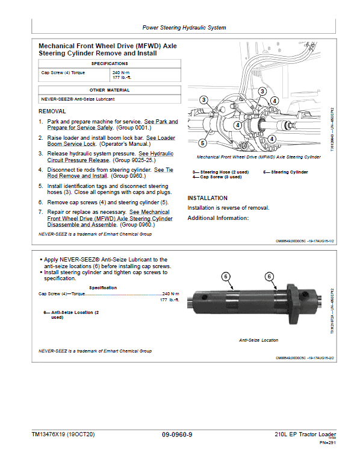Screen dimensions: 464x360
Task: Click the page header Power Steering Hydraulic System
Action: tap(184, 28)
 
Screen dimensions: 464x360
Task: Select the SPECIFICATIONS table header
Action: tap(109, 63)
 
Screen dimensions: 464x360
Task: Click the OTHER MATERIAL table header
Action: tap(109, 90)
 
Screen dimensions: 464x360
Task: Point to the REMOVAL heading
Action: tap(52, 111)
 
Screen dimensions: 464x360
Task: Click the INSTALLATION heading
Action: tap(207, 198)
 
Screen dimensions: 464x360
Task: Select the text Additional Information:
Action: tap(218, 218)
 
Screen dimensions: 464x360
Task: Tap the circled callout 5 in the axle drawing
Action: tap(203, 143)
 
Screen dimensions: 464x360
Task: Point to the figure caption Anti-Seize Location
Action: tap(258, 340)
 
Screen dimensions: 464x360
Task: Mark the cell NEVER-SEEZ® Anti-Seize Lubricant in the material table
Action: tap(77, 99)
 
